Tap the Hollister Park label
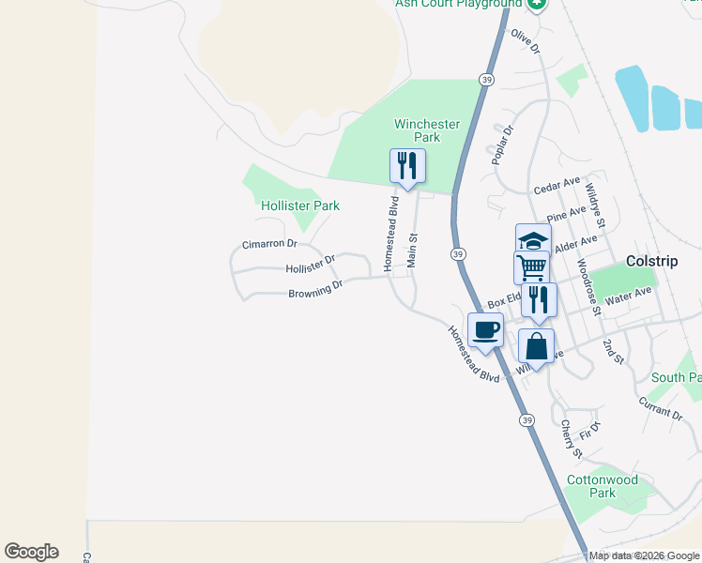tap(300, 205)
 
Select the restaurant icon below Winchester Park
tap(407, 166)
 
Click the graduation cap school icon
tap(533, 240)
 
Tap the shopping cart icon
tap(531, 267)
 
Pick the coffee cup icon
tap(485, 329)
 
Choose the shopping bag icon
tap(536, 345)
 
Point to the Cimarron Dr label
tap(269, 243)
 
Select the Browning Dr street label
tap(315, 290)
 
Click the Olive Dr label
tap(526, 42)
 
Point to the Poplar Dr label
tap(503, 145)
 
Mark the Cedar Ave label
tap(557, 186)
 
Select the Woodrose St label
tap(588, 283)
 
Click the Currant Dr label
tap(661, 408)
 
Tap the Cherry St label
tap(572, 439)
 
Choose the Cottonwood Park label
tap(603, 486)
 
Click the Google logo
tap(31, 552)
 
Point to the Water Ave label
tap(629, 297)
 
